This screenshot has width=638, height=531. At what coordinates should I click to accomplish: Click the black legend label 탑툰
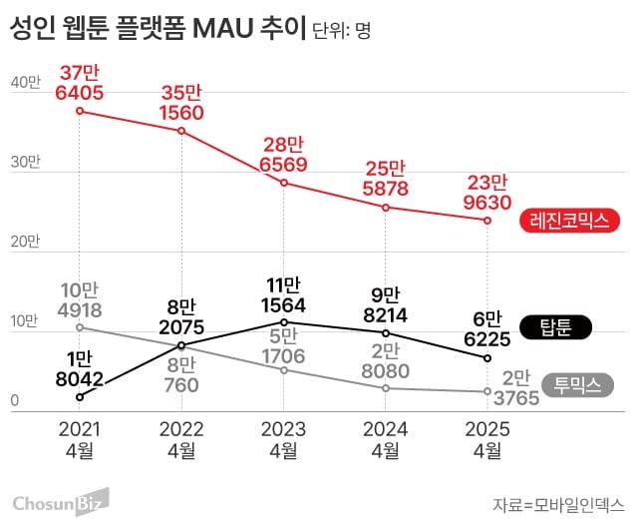[x=563, y=326]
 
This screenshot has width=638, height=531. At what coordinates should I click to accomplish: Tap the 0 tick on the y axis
[x=15, y=401]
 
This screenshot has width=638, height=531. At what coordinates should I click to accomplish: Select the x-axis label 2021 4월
[x=80, y=438]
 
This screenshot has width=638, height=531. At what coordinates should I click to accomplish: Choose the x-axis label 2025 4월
[x=487, y=438]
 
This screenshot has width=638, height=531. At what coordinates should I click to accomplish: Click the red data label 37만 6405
[x=81, y=82]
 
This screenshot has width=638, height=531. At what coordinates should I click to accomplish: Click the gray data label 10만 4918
[x=80, y=298]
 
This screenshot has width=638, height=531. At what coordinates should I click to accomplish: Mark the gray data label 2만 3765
[x=520, y=387]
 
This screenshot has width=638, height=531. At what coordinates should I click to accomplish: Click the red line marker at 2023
[x=283, y=183]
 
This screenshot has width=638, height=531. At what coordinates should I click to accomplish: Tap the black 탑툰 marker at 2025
[x=487, y=357]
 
